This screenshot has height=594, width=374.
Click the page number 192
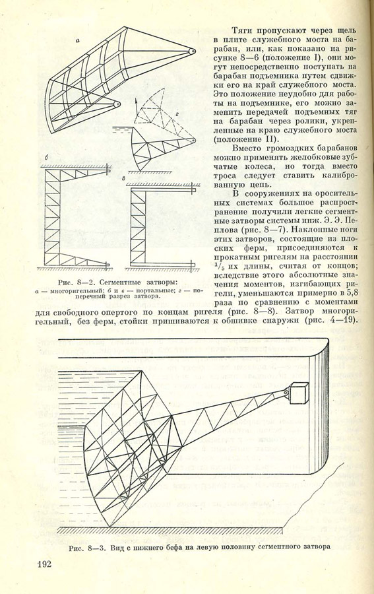pyautogui.click(x=45, y=564)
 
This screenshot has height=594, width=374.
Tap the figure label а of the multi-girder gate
pyautogui.click(x=78, y=42)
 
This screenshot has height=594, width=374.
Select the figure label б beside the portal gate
pyautogui.click(x=46, y=157)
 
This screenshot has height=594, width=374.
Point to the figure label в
pyautogui.click(x=125, y=178)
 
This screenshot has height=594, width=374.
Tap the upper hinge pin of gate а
pyautogui.click(x=193, y=50)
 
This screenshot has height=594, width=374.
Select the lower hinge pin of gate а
pyautogui.click(x=117, y=104)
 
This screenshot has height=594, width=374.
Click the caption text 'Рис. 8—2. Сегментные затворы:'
pyautogui.click(x=117, y=282)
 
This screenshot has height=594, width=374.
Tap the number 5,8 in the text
pyautogui.click(x=350, y=293)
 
